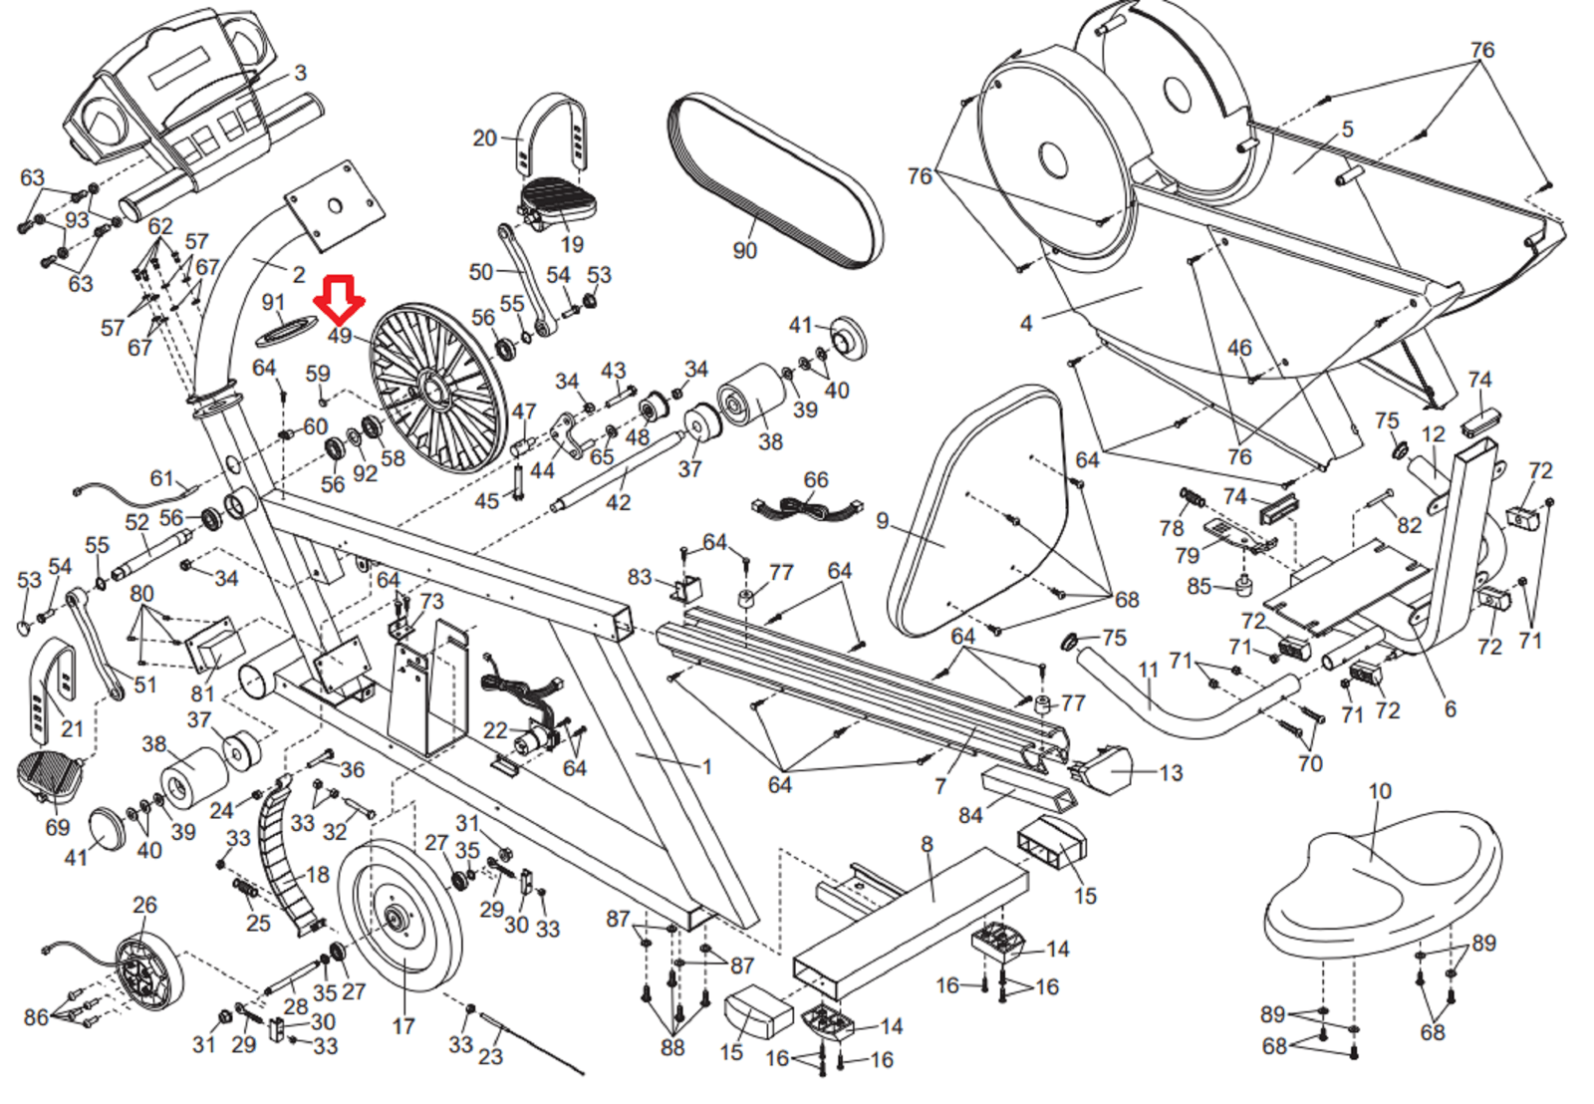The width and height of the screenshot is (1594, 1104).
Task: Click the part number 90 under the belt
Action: click(x=744, y=250)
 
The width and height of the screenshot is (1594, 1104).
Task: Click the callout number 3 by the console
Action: click(x=300, y=73)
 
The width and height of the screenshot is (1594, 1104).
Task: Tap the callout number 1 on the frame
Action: click(x=707, y=766)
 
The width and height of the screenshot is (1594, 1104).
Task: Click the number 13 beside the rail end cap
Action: click(x=1171, y=773)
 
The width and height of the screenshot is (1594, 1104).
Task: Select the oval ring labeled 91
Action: click(x=286, y=329)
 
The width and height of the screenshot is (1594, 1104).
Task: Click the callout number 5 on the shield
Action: click(x=1347, y=129)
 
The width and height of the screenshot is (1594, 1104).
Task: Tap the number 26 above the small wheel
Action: click(x=144, y=905)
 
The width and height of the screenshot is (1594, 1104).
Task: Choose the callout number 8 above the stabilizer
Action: click(x=927, y=845)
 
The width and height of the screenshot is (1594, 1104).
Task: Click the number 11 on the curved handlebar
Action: click(x=1148, y=670)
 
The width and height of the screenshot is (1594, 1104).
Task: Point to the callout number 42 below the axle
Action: click(x=618, y=502)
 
